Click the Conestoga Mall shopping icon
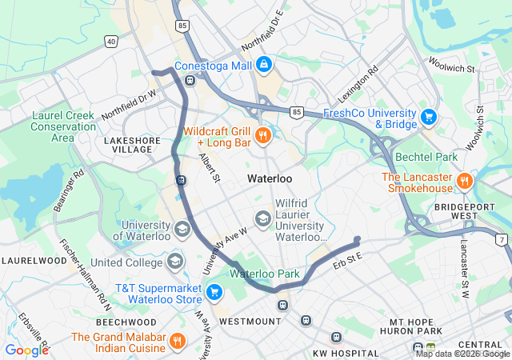[264, 64]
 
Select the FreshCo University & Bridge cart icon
[429, 118]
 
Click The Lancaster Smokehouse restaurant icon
[464, 182]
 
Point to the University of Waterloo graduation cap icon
[182, 230]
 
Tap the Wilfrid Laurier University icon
[262, 218]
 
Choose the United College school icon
[174, 262]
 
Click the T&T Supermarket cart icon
[213, 293]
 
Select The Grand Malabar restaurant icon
[178, 342]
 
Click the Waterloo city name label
[270, 178]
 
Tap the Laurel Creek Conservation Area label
[62, 126]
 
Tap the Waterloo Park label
[265, 274]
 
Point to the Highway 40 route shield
[110, 41]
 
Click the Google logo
[26, 350]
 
